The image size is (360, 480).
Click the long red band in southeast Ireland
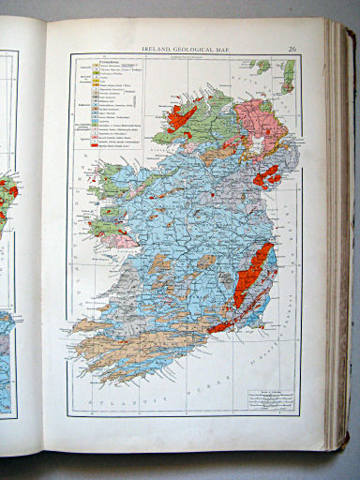[x=251, y=277]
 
